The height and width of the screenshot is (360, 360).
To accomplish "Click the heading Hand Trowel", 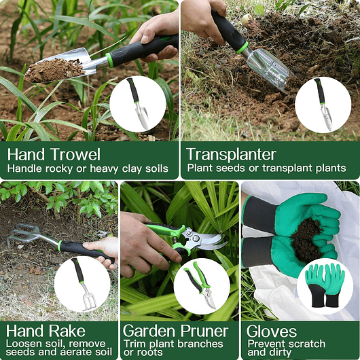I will point(54,154).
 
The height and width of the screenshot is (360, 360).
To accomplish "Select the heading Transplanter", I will point(231,154).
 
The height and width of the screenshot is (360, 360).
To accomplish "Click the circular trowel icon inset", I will point(137,103).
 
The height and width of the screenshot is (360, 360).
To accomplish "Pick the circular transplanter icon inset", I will point(323,104).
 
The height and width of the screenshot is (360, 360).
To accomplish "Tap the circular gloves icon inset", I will point(325,285).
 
